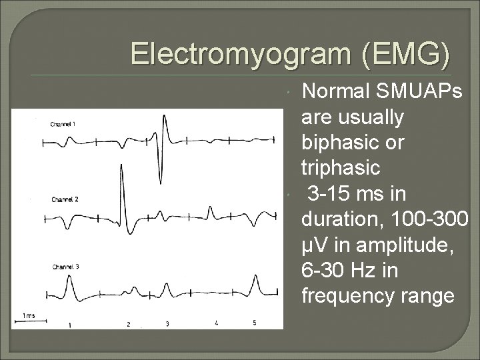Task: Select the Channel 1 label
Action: [65, 124]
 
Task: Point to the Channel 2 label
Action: [65, 199]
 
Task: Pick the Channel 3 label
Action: [65, 267]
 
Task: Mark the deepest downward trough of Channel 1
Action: [161, 181]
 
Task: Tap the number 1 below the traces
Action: [70, 324]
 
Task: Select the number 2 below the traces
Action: [129, 324]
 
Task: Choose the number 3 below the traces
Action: [167, 324]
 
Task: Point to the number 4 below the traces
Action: [216, 323]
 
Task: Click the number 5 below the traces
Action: [254, 323]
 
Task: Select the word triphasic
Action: [341, 168]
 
